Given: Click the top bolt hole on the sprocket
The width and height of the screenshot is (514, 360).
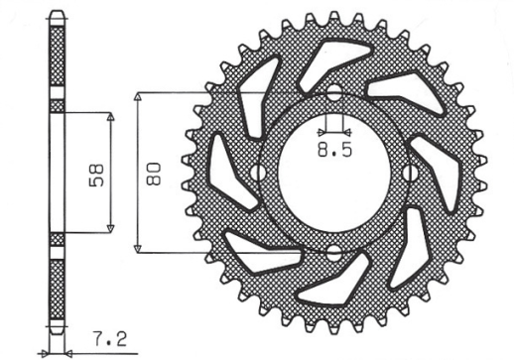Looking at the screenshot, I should (x=333, y=95).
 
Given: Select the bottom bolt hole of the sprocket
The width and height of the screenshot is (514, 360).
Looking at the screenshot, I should (x=333, y=251).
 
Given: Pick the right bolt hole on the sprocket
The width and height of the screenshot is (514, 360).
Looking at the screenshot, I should (x=411, y=174).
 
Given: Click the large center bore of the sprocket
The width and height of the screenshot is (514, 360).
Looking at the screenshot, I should (x=333, y=174).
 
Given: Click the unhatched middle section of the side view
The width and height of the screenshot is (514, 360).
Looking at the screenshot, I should (x=57, y=173).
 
